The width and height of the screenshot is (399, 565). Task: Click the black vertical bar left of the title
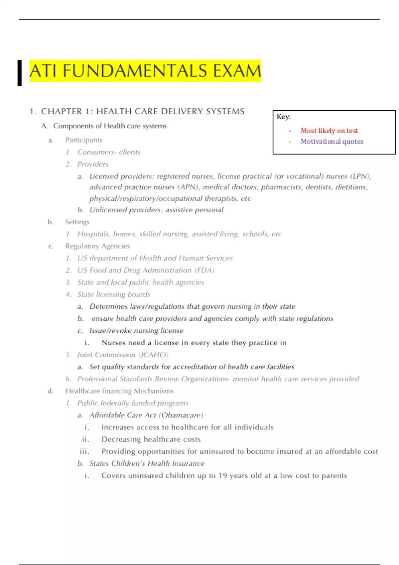coord(20,73)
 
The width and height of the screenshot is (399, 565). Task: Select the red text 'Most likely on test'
coord(329,131)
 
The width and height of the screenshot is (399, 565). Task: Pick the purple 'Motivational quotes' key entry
coord(332,141)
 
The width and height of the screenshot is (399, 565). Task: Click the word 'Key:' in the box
coord(284,117)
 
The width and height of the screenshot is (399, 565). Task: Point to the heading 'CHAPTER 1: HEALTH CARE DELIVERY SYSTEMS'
coord(143,111)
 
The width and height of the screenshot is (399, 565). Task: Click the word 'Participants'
coord(83,140)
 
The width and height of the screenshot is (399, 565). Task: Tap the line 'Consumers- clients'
coord(109,152)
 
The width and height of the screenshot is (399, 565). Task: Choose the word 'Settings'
coord(77,222)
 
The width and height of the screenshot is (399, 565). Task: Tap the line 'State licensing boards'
coord(114,294)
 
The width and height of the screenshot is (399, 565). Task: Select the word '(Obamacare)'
coord(182,415)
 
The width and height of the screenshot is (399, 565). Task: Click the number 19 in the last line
coord(222,476)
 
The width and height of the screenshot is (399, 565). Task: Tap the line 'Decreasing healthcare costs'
coord(151,439)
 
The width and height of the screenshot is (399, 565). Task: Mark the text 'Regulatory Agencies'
coord(97,246)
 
